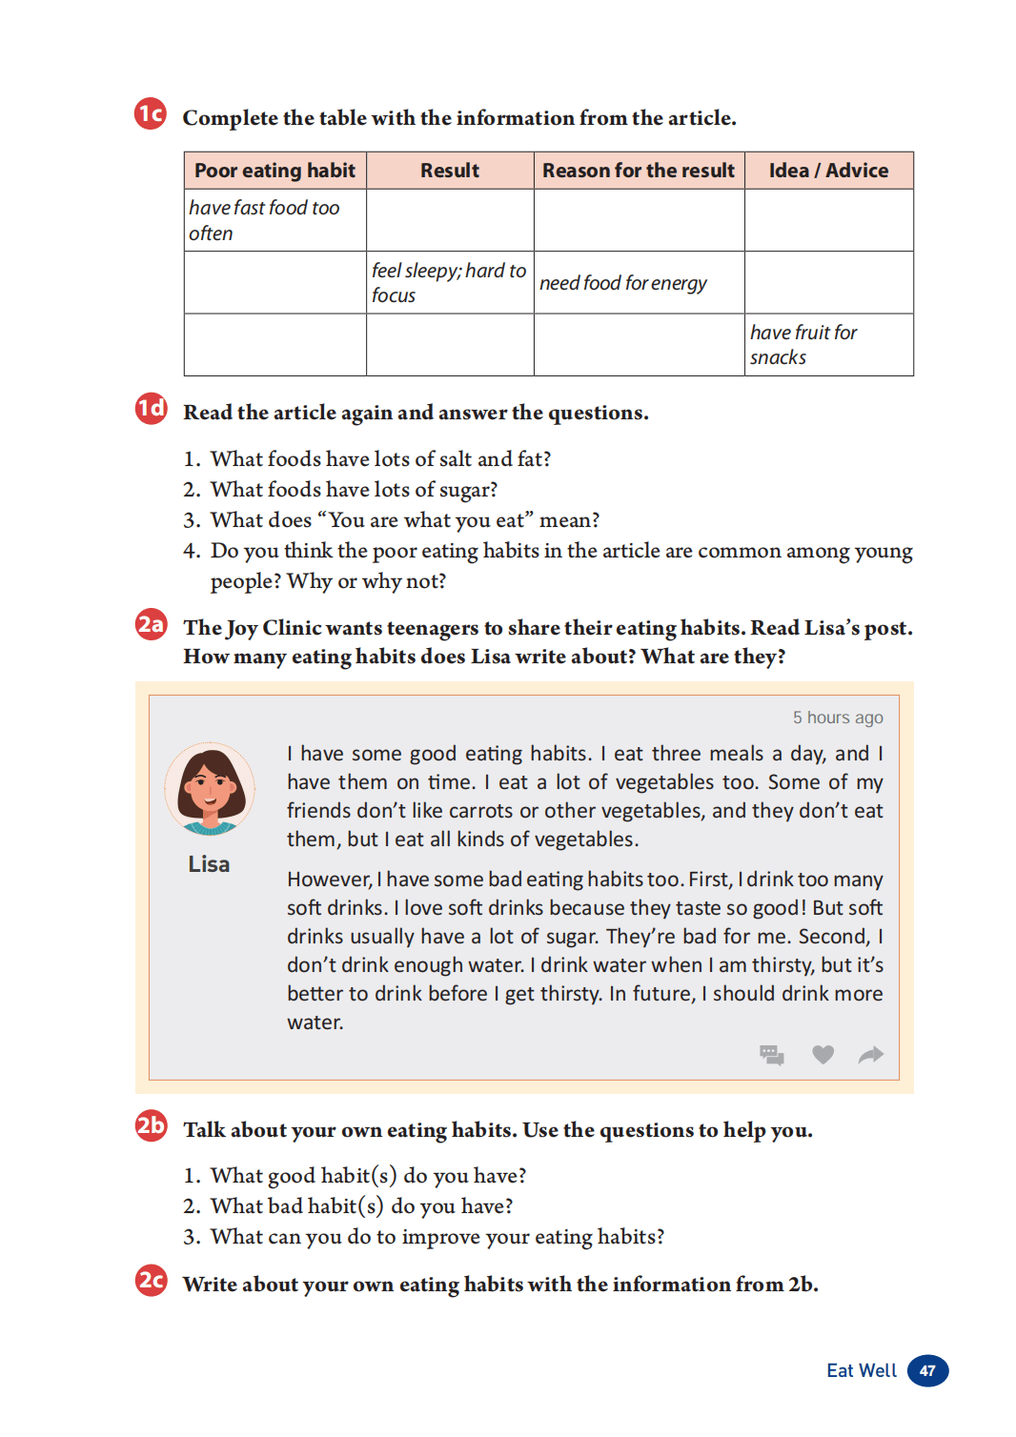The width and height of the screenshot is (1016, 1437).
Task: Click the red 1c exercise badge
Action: (151, 113)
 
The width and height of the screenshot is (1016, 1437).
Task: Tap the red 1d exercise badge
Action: (151, 409)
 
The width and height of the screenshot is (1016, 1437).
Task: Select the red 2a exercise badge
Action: (151, 624)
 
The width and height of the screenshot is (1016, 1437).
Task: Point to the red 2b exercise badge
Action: (151, 1125)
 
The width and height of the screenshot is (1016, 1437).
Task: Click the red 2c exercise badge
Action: (151, 1280)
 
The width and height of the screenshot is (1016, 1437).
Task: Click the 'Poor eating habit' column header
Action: (274, 171)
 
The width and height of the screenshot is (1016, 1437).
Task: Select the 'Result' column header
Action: (450, 171)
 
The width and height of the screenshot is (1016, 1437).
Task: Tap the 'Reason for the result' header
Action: (639, 171)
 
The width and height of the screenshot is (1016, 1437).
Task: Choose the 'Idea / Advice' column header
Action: (828, 171)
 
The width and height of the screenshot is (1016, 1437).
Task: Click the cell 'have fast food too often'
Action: (264, 220)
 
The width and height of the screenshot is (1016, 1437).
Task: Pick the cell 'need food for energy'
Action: (623, 283)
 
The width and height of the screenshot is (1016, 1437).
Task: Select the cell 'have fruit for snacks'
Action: (803, 345)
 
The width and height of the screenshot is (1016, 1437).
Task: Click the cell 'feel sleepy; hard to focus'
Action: (449, 283)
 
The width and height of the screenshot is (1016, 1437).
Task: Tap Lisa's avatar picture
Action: (210, 789)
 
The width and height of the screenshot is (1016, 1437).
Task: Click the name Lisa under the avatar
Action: (209, 864)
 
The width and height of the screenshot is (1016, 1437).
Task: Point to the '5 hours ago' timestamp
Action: (838, 718)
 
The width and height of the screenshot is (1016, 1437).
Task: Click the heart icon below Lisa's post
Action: (823, 1054)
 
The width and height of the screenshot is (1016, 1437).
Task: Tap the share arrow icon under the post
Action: (871, 1054)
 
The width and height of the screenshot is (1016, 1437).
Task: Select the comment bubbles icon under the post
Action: (772, 1054)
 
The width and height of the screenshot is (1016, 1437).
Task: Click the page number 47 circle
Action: (927, 1370)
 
